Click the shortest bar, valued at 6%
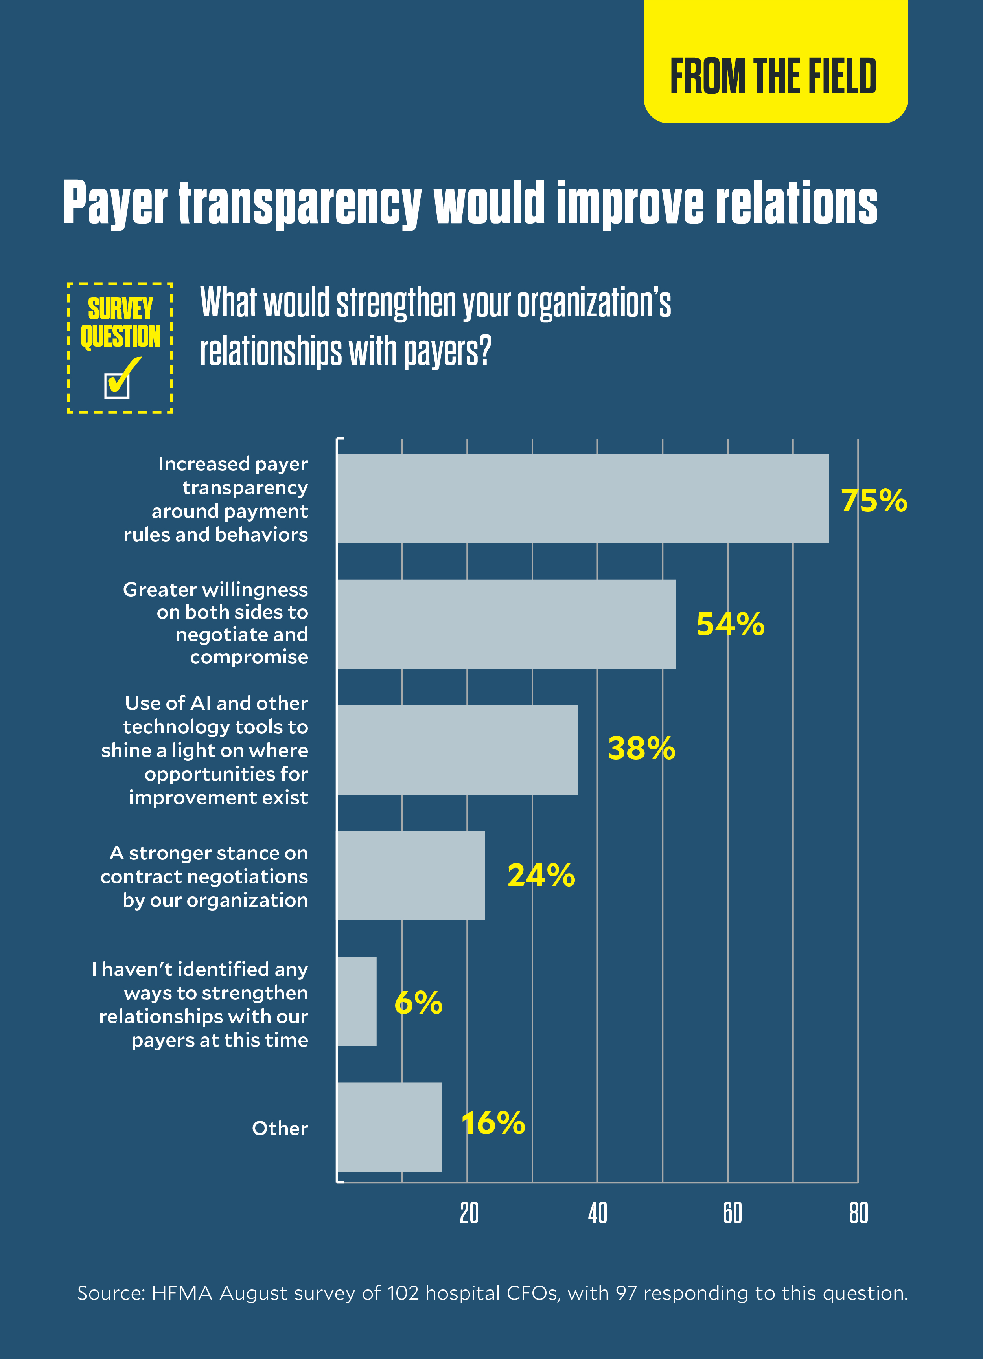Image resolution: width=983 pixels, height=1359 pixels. click(x=357, y=1001)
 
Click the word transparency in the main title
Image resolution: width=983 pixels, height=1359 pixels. click(x=300, y=204)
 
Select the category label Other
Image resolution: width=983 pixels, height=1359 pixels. click(x=280, y=1128)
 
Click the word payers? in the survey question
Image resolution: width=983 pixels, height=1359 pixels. click(x=447, y=352)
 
